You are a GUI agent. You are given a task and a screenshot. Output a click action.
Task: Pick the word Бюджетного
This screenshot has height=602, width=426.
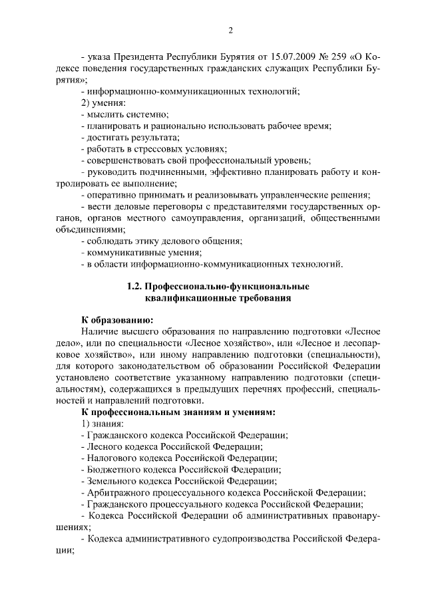coord(114,469)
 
